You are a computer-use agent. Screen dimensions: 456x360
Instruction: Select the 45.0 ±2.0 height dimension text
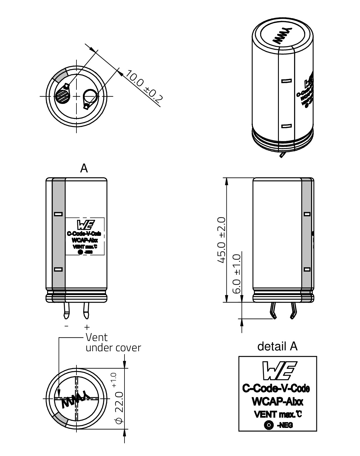221,240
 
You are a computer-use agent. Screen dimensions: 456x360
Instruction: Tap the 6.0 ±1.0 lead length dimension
237,274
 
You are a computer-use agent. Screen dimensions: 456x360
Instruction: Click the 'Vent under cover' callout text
113,342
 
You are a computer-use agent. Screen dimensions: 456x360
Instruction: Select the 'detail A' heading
277,346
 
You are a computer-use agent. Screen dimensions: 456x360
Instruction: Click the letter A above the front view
84,168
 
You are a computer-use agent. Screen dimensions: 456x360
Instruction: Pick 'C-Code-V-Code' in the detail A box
276,389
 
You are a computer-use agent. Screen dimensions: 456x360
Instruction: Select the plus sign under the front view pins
86,327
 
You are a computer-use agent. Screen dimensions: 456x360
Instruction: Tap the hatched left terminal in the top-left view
63,96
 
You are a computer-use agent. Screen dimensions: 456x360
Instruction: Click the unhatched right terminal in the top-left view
90,97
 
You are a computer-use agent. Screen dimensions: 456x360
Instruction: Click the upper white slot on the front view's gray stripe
59,214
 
